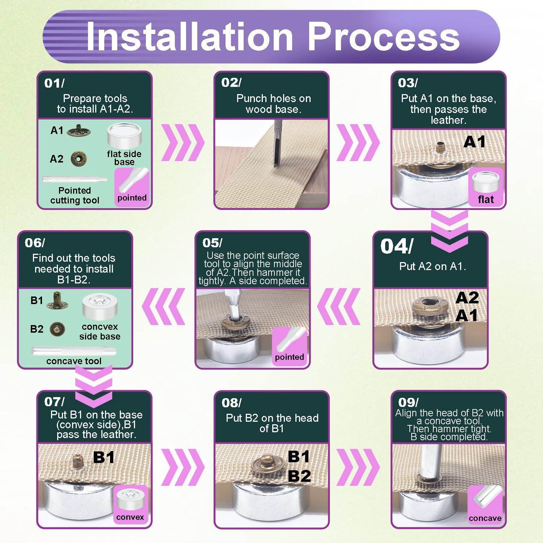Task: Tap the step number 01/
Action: (54, 83)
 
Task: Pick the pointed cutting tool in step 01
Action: (75, 179)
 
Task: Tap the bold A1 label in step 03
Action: (474, 142)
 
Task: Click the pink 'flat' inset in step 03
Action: (486, 187)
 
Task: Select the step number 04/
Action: (396, 247)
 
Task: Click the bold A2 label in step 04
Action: (467, 298)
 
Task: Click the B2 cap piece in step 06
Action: (57, 329)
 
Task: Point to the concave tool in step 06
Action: (74, 351)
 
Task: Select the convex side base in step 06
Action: (100, 306)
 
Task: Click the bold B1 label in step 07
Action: (104, 457)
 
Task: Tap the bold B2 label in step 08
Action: (299, 476)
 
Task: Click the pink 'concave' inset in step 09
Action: (485, 505)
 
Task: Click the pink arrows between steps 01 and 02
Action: (182, 142)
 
